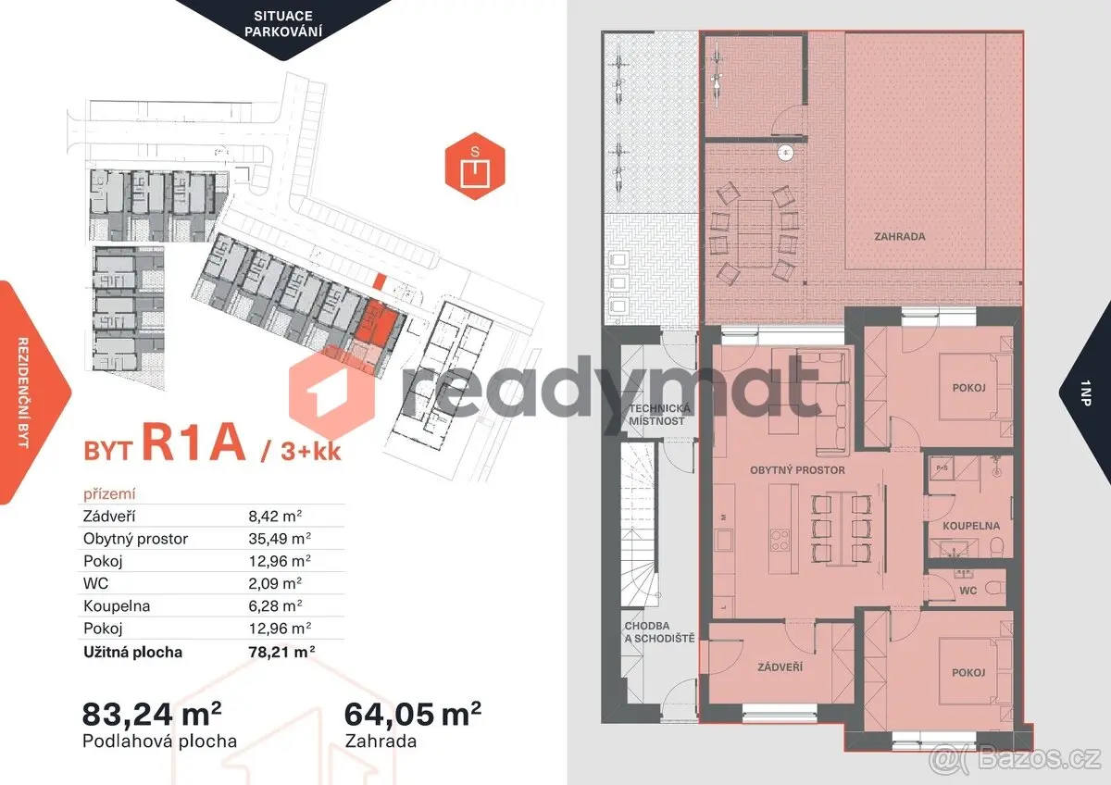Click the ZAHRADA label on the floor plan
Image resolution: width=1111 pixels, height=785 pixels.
pyautogui.click(x=900, y=237)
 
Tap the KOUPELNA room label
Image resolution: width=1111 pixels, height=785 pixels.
pyautogui.click(x=971, y=526)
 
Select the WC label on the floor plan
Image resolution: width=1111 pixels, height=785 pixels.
pyautogui.click(x=968, y=591)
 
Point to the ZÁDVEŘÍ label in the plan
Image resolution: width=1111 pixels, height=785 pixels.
pyautogui.click(x=780, y=667)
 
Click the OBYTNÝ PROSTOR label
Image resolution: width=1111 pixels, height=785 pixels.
pyautogui.click(x=797, y=470)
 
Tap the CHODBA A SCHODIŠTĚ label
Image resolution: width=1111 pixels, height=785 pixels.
pyautogui.click(x=659, y=632)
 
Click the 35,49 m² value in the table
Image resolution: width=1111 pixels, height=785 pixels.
pyautogui.click(x=280, y=539)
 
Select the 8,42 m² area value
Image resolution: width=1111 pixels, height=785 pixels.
pyautogui.click(x=275, y=517)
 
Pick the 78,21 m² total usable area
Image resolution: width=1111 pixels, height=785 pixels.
pyautogui.click(x=281, y=652)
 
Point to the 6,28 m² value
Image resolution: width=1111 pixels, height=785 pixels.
pyautogui.click(x=275, y=606)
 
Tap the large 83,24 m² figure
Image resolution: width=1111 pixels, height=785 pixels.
pyautogui.click(x=152, y=714)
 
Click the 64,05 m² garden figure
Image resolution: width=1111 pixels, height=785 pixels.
pyautogui.click(x=413, y=714)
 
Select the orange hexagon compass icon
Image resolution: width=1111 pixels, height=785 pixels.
pyautogui.click(x=475, y=166)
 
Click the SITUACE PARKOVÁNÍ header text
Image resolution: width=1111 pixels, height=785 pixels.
pyautogui.click(x=283, y=24)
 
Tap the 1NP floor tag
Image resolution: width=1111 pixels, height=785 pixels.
pyautogui.click(x=1085, y=392)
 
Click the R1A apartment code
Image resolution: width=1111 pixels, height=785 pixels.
pyautogui.click(x=193, y=442)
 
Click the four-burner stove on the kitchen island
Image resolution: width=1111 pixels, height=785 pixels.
pyautogui.click(x=780, y=541)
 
